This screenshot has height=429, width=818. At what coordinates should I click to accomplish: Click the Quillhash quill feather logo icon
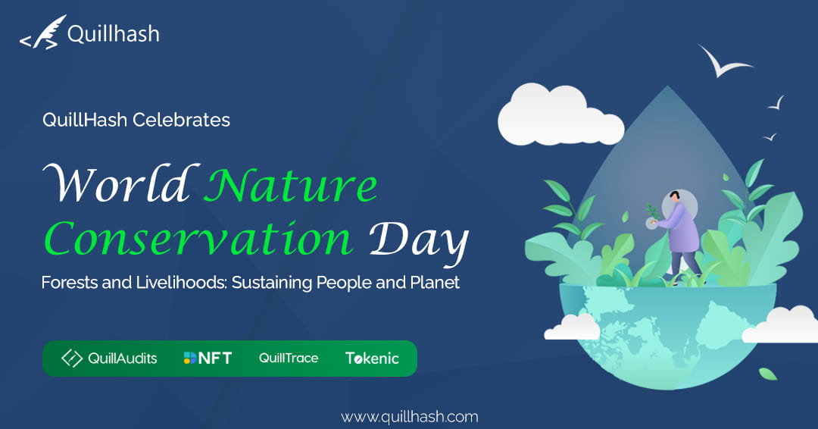tap(42, 33)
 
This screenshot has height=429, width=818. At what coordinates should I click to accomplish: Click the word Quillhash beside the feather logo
tap(113, 34)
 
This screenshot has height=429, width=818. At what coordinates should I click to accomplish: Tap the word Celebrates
tap(181, 120)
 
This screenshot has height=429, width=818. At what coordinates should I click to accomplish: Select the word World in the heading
tap(120, 183)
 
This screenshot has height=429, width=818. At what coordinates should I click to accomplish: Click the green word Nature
tap(291, 185)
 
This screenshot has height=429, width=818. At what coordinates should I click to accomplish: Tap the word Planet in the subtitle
tap(435, 283)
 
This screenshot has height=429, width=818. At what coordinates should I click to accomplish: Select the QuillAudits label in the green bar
tap(109, 358)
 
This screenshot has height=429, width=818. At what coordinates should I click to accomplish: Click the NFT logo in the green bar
tap(208, 358)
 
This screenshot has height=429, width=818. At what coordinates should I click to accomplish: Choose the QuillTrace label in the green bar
tap(289, 358)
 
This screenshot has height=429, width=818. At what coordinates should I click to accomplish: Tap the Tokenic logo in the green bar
tap(372, 358)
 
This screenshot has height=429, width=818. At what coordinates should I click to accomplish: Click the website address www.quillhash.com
tap(410, 417)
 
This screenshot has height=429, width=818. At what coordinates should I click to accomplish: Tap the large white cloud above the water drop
tap(560, 114)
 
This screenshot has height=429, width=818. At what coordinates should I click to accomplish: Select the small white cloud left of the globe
tap(573, 327)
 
